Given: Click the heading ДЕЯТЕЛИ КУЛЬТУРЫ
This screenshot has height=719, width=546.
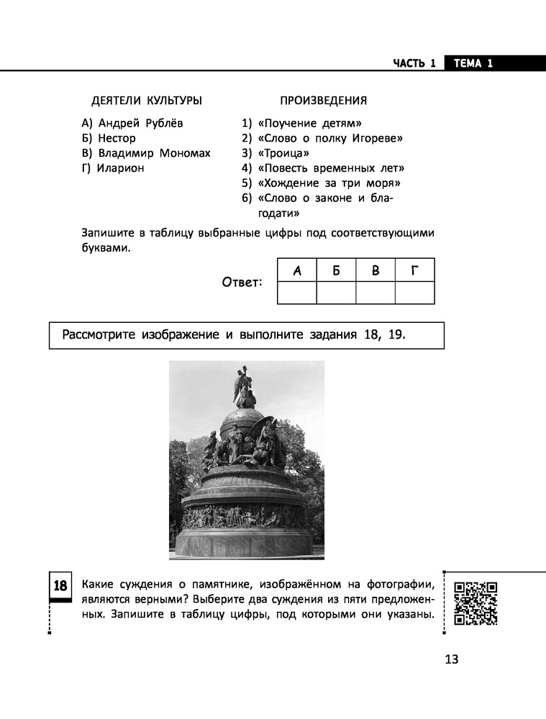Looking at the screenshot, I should [147, 101].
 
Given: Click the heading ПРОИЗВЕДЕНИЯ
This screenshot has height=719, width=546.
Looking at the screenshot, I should [323, 101].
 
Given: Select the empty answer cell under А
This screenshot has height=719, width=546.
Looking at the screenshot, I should [296, 293].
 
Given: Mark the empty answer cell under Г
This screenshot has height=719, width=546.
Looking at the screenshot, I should [414, 293].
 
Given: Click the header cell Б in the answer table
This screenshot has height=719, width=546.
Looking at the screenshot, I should [336, 270].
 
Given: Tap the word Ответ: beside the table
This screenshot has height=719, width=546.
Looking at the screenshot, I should [242, 282].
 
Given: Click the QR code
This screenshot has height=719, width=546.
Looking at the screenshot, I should [476, 603].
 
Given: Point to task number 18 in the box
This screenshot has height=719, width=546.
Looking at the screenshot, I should [60, 587].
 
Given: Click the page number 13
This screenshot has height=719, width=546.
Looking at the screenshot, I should [451, 660].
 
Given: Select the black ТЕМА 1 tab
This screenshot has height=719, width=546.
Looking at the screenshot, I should [473, 63].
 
